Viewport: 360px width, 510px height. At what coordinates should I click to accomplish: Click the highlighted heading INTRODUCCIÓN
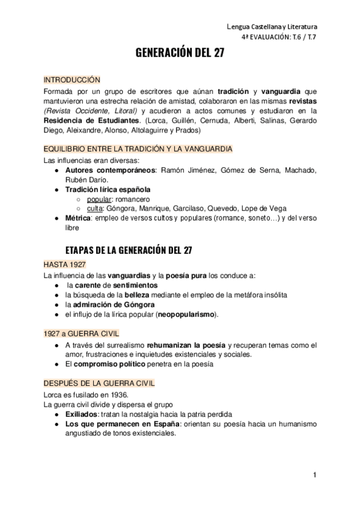pos(72,79)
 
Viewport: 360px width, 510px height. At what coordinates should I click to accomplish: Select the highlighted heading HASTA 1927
pos(65,265)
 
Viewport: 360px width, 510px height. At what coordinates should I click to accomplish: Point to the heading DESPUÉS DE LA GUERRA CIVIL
pos(99,383)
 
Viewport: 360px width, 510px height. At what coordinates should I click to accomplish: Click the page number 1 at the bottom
pos(314,475)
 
